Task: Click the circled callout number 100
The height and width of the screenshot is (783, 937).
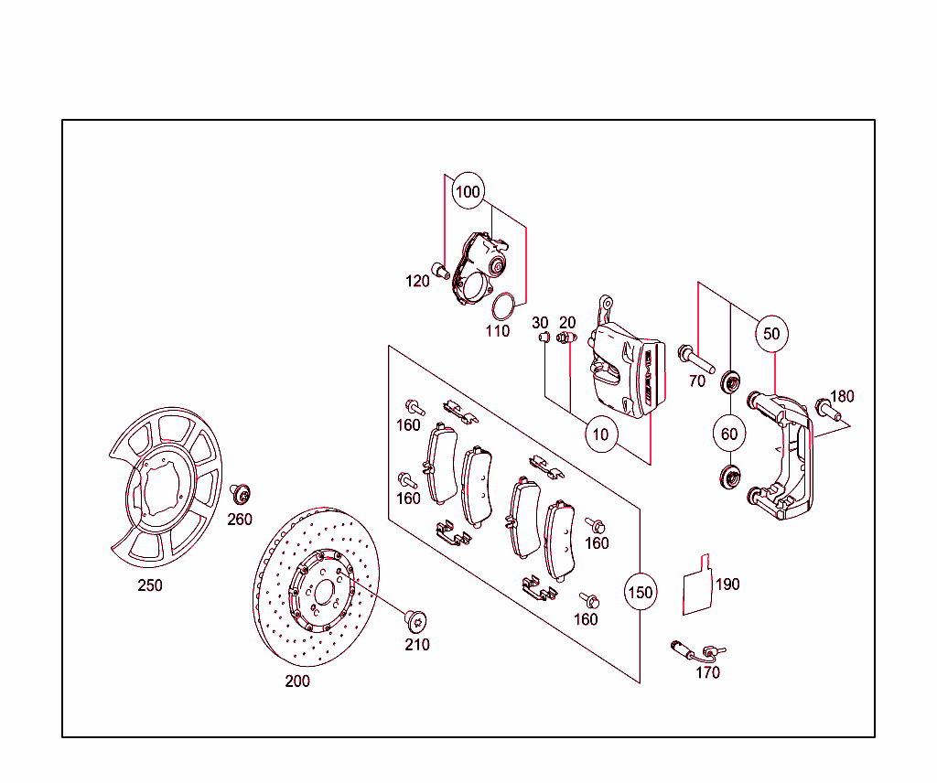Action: pos(467,192)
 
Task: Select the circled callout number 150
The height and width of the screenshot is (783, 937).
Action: pos(641,592)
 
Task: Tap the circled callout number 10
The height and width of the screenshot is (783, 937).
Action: pos(600,434)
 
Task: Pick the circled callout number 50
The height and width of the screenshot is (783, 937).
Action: pos(772,334)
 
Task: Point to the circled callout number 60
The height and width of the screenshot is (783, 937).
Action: pos(729,434)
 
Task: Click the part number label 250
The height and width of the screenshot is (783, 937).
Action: pos(150,585)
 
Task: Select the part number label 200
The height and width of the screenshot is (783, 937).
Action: pos(297,681)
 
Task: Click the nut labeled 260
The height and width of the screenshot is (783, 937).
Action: pos(242,495)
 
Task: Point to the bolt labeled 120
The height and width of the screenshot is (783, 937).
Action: pos(440,270)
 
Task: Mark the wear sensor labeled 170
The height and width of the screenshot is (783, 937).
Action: pos(695,651)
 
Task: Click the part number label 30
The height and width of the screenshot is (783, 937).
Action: pos(540,323)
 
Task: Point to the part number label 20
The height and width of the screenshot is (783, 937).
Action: pos(567,323)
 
